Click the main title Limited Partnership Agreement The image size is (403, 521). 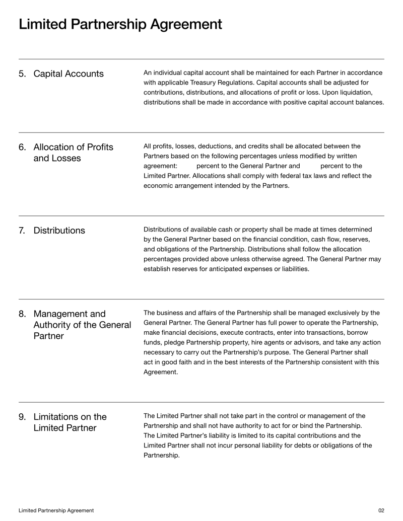click(x=120, y=24)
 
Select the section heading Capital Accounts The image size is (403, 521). click(x=69, y=74)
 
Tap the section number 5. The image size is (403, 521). click(x=23, y=74)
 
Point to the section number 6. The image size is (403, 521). click(x=23, y=147)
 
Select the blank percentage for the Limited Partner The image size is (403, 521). click(x=310, y=166)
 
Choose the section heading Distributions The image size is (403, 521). click(x=59, y=231)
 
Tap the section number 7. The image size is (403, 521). click(x=23, y=231)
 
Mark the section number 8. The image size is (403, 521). click(x=23, y=314)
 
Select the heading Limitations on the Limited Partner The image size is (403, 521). click(x=70, y=422)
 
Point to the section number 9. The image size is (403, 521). click(x=23, y=417)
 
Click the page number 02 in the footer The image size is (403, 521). click(x=381, y=510)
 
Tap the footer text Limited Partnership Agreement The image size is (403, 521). click(x=56, y=510)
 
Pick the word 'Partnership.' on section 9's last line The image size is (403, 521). click(x=162, y=456)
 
